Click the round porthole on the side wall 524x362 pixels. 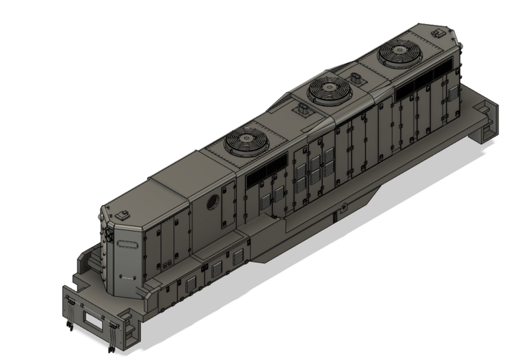213,203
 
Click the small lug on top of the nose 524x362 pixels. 122,214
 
